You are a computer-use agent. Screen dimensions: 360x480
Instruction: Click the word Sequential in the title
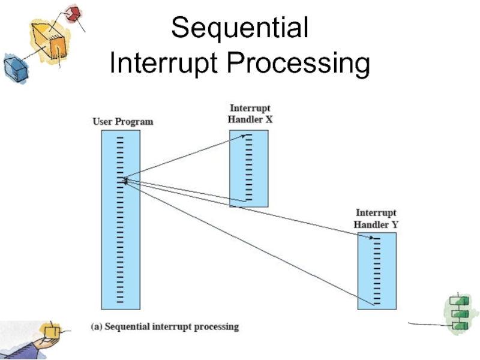pyautogui.click(x=240, y=28)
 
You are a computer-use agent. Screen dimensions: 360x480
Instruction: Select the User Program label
pyautogui.click(x=122, y=122)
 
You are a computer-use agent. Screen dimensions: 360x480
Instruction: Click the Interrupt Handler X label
pyautogui.click(x=250, y=114)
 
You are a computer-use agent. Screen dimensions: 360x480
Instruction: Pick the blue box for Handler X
pyautogui.click(x=249, y=168)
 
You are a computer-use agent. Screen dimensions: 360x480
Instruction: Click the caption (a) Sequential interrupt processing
pyautogui.click(x=164, y=327)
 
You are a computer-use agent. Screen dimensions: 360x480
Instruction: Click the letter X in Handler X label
pyautogui.click(x=269, y=119)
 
